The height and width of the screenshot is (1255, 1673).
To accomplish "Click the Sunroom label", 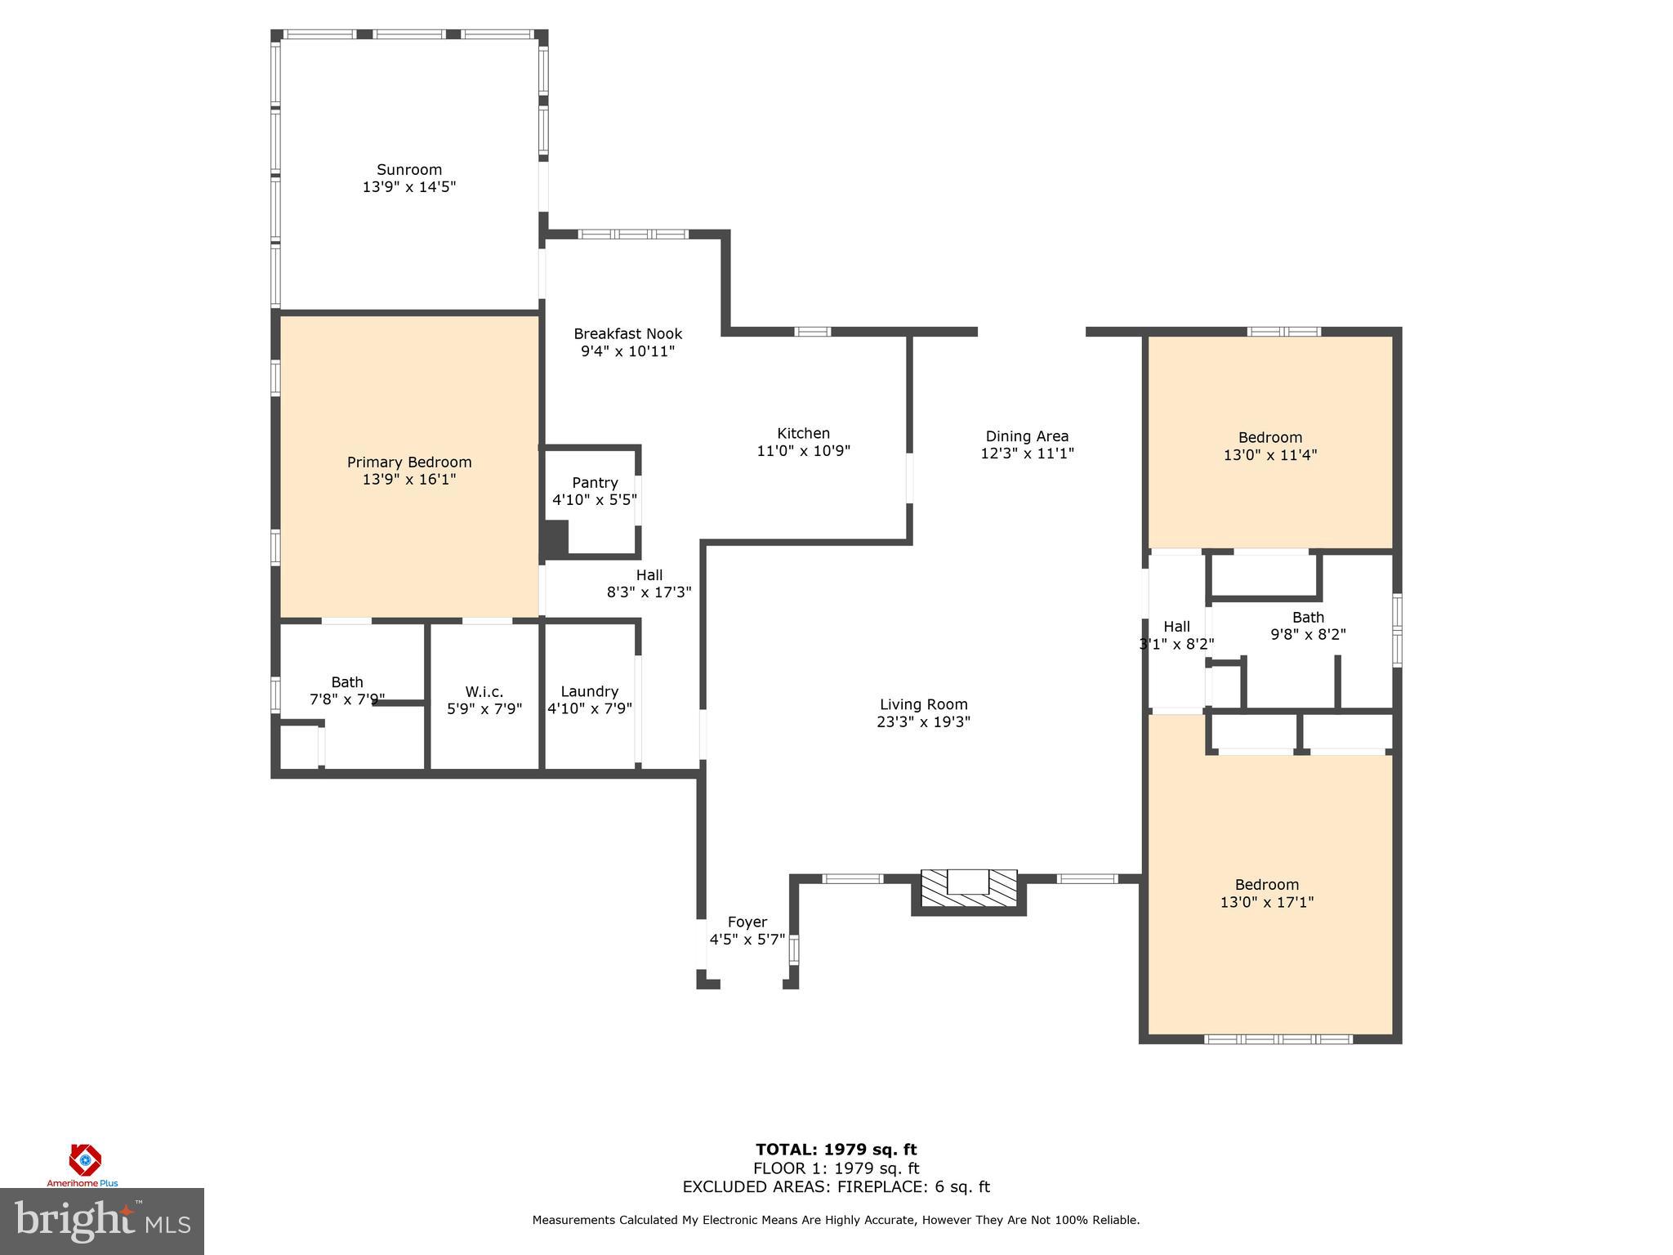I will pos(409,170).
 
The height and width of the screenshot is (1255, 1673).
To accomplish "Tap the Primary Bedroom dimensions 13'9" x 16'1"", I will pos(409,480).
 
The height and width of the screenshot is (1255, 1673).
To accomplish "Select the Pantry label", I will pos(595,483).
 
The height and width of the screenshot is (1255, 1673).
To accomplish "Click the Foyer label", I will pos(747,922).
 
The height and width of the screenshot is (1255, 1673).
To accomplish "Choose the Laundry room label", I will pos(589,691).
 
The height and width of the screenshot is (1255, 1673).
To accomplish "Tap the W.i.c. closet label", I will pos(484,691).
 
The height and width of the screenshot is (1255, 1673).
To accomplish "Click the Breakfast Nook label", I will pos(627,334).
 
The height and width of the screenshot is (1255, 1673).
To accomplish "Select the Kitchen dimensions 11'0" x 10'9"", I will pos(804,451).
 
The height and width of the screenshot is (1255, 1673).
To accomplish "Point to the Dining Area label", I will pos(1027,436).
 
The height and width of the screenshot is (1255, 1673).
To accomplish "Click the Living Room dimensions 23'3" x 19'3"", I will pos(923,722).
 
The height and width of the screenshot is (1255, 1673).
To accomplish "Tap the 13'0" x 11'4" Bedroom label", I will pos(1269,438).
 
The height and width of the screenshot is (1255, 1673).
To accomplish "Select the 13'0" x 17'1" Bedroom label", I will pos(1266,885).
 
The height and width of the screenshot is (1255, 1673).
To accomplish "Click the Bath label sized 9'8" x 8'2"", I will pos(1308,618).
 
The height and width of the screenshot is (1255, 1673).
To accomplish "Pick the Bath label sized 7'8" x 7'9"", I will pos(347,682).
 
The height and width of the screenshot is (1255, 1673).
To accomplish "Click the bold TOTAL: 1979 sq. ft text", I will pos(836,1150).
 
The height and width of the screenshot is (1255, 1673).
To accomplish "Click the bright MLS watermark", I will pos(101,1221).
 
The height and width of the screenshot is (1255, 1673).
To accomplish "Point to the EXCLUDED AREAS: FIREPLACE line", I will pos(836,1187).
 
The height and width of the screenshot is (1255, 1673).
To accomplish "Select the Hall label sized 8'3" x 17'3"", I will pos(649,575).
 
